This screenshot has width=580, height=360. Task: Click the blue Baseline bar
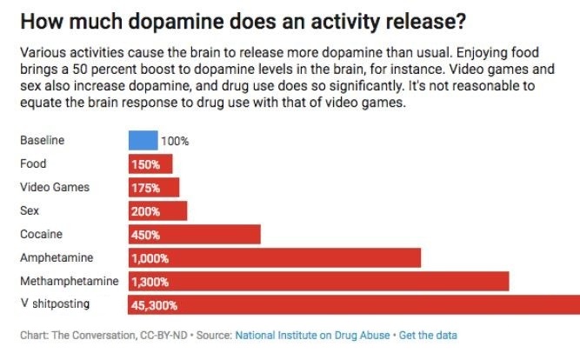pyautogui.click(x=143, y=140)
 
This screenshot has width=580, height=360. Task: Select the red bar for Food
pyautogui.click(x=150, y=163)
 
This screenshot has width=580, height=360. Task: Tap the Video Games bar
pyautogui.click(x=154, y=187)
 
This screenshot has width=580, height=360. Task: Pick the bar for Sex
pyautogui.click(x=157, y=210)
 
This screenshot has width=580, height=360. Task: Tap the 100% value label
pyautogui.click(x=175, y=141)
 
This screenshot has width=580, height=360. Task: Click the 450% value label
pyautogui.click(x=144, y=235)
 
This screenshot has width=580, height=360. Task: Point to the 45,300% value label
pyautogui.click(x=154, y=305)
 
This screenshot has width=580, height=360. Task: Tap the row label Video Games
pyautogui.click(x=54, y=187)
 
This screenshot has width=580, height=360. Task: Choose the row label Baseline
pyautogui.click(x=42, y=140)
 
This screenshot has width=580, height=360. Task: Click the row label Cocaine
pyautogui.click(x=41, y=234)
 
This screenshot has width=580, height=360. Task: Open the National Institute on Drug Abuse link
pyautogui.click(x=312, y=335)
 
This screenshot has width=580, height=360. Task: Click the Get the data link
pyautogui.click(x=428, y=335)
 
